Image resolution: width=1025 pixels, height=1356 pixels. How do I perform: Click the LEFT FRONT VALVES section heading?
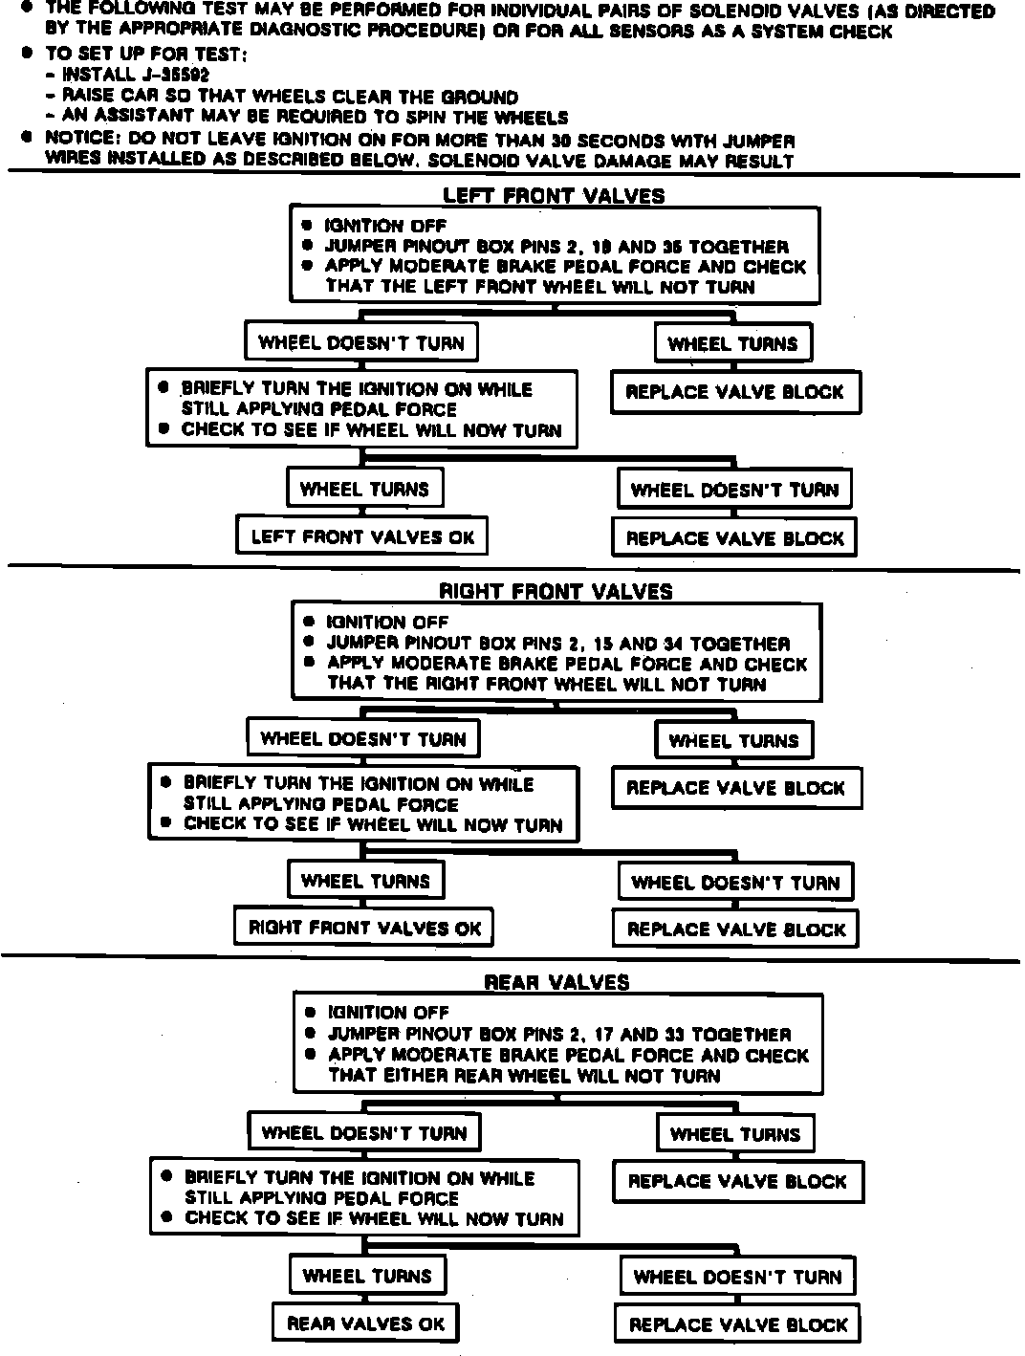click(x=554, y=196)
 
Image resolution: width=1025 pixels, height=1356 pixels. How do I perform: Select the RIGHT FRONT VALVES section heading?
click(x=556, y=591)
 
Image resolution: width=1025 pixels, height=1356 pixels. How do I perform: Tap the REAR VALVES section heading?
click(x=556, y=982)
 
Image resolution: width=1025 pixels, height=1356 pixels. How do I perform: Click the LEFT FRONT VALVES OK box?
click(x=362, y=536)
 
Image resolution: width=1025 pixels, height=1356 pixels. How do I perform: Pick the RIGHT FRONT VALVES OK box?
click(x=364, y=928)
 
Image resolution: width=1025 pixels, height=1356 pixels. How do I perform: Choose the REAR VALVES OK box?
click(x=366, y=1323)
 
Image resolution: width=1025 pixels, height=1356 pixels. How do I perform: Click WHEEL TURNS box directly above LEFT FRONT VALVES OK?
click(x=365, y=489)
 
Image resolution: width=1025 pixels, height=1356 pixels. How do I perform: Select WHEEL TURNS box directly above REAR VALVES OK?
click(x=367, y=1276)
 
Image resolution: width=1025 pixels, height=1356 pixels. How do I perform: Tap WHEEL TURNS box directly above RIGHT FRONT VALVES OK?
click(x=366, y=881)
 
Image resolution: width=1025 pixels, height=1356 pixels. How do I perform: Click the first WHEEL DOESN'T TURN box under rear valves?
click(x=364, y=1133)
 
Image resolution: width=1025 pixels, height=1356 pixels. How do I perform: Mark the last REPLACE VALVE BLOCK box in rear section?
click(x=738, y=1325)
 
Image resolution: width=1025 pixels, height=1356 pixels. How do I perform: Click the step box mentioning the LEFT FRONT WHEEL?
click(x=555, y=256)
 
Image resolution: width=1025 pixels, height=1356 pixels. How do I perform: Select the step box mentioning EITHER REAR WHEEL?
click(x=557, y=1044)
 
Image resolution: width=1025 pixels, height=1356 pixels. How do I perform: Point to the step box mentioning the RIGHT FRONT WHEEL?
click(x=556, y=653)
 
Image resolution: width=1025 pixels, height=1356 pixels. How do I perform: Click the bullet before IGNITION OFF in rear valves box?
click(x=310, y=1013)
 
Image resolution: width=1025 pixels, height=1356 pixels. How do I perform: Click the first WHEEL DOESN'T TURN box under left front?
click(x=361, y=342)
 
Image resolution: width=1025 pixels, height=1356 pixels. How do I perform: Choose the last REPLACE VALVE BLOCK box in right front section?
click(x=736, y=930)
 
